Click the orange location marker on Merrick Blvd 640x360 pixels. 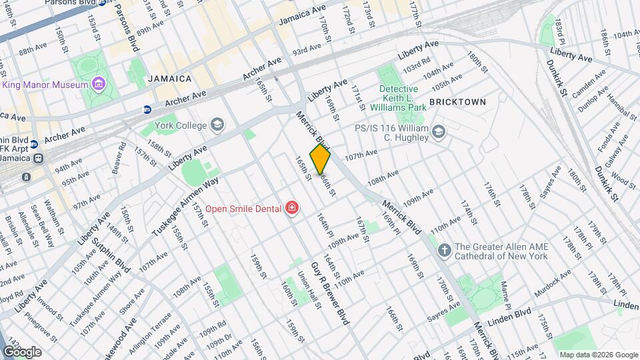pyautogui.click(x=320, y=159)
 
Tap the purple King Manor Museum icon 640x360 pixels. pyautogui.click(x=99, y=84)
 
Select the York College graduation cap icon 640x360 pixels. pyautogui.click(x=217, y=124)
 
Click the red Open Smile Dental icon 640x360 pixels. pyautogui.click(x=291, y=209)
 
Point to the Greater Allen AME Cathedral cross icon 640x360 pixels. pyautogui.click(x=445, y=251)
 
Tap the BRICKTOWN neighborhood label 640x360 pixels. pyautogui.click(x=457, y=102)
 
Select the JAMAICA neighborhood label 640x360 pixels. pyautogui.click(x=170, y=79)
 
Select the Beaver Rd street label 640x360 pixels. pyautogui.click(x=118, y=159)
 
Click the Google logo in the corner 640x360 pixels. pyautogui.click(x=22, y=351)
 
